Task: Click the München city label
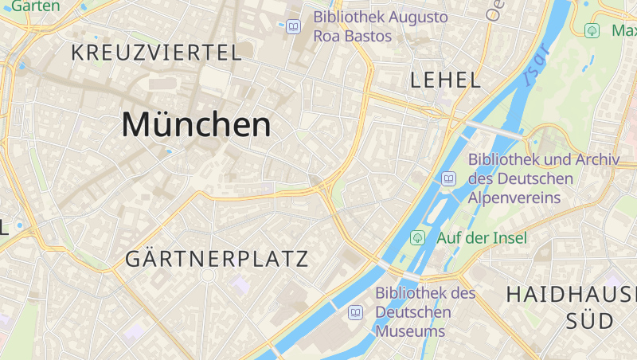coord(196,125)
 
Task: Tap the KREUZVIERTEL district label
coord(156,53)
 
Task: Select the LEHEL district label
coord(445,80)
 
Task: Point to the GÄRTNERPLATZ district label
coord(217,259)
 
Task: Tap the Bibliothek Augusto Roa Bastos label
coord(381,26)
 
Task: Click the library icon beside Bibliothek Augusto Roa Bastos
coord(294,27)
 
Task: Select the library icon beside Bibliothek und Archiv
coord(448,178)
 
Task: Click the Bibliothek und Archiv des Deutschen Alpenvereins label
coord(543,178)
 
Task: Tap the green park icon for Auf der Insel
coord(416,237)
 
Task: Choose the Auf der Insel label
coord(481,237)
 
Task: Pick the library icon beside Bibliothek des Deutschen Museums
coord(355,312)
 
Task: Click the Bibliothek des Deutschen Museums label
coord(425,311)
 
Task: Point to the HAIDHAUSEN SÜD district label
coord(572,307)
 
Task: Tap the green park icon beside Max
coord(592,31)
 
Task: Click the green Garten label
coord(36,6)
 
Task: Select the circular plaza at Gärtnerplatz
coord(208,276)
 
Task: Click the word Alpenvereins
coord(514,198)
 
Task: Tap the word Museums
coord(410,331)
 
